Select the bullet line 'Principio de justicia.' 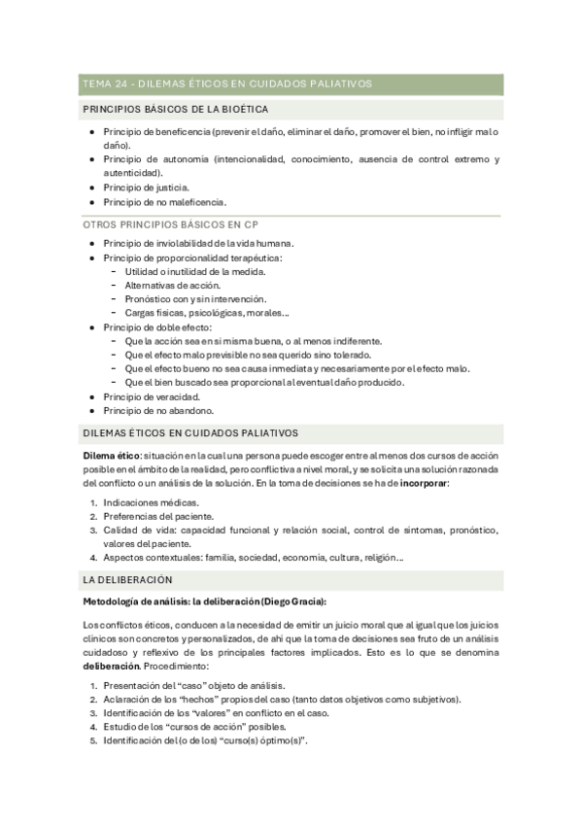146,187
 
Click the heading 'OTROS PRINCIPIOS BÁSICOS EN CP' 170,223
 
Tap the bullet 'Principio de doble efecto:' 156,327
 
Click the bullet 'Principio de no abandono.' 157,410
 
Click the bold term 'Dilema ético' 112,456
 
